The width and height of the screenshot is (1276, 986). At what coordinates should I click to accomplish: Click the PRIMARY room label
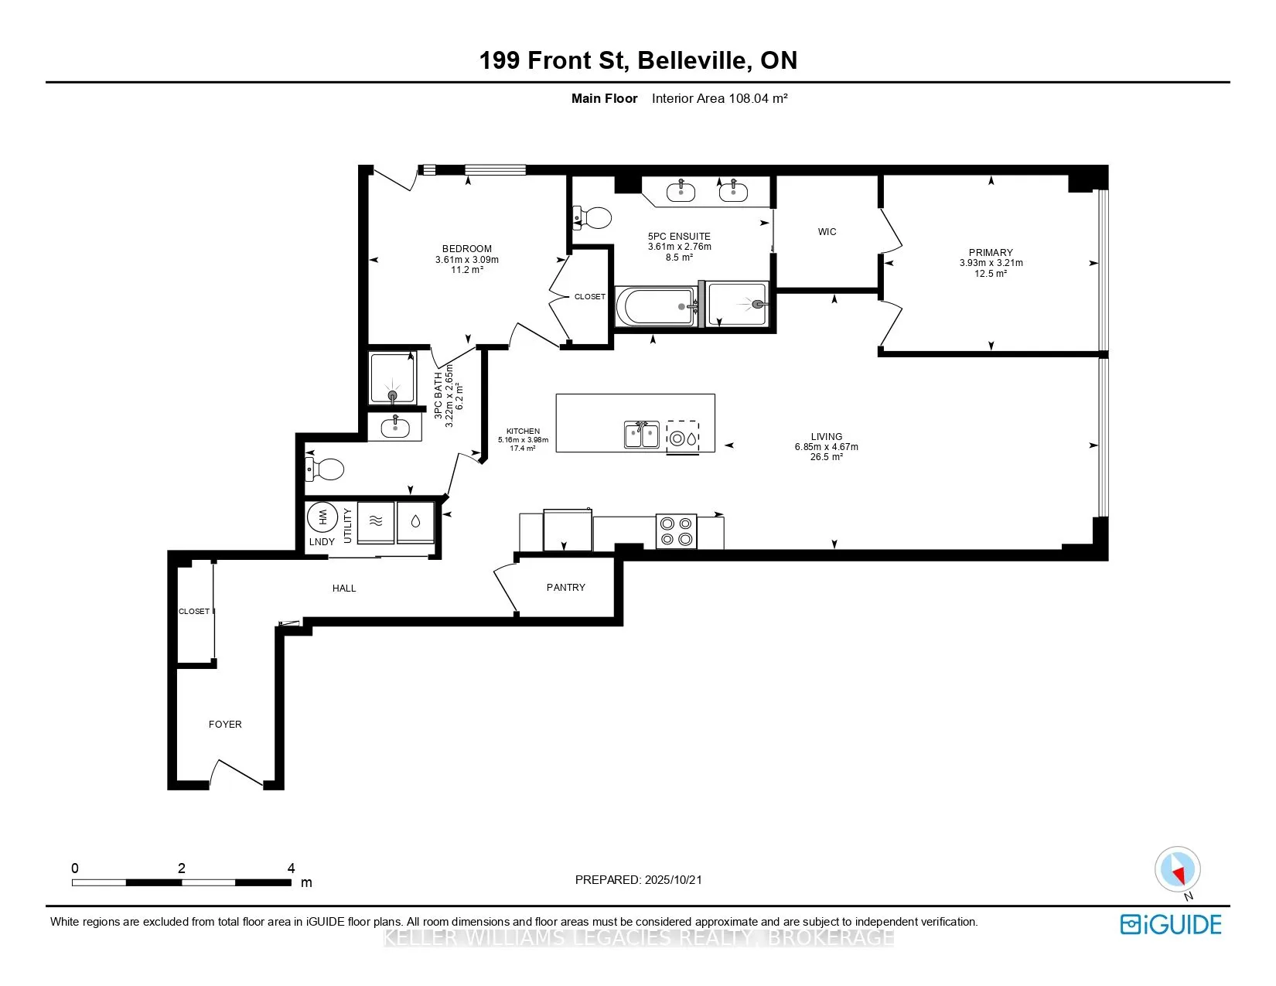pyautogui.click(x=990, y=252)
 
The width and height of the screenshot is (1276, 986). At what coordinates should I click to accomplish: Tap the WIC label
pyautogui.click(x=827, y=231)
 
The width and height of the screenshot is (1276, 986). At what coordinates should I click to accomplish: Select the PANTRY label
pyautogui.click(x=565, y=587)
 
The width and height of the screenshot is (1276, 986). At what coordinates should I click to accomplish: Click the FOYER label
pyautogui.click(x=225, y=724)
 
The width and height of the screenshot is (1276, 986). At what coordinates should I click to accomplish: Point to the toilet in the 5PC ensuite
pyautogui.click(x=592, y=217)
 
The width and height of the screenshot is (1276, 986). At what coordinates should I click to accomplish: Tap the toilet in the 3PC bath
pyautogui.click(x=325, y=469)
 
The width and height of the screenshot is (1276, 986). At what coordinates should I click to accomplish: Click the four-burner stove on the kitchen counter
pyautogui.click(x=676, y=531)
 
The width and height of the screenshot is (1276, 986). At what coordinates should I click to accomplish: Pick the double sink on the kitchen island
pyautogui.click(x=642, y=435)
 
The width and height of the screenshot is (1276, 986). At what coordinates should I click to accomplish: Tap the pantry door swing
pyautogui.click(x=504, y=588)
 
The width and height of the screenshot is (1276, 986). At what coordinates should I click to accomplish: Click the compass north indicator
pyautogui.click(x=1178, y=870)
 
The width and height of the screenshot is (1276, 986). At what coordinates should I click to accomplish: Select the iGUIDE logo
pyautogui.click(x=1171, y=924)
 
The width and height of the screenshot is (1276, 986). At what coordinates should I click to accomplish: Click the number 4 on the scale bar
pyautogui.click(x=291, y=868)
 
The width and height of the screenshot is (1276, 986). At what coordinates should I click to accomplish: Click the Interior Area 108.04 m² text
pyautogui.click(x=719, y=98)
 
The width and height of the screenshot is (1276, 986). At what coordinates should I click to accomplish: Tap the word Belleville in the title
pyautogui.click(x=694, y=60)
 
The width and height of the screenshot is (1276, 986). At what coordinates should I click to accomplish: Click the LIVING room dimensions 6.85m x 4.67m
pyautogui.click(x=826, y=446)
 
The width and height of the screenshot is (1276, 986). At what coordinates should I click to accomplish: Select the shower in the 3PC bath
pyautogui.click(x=393, y=377)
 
